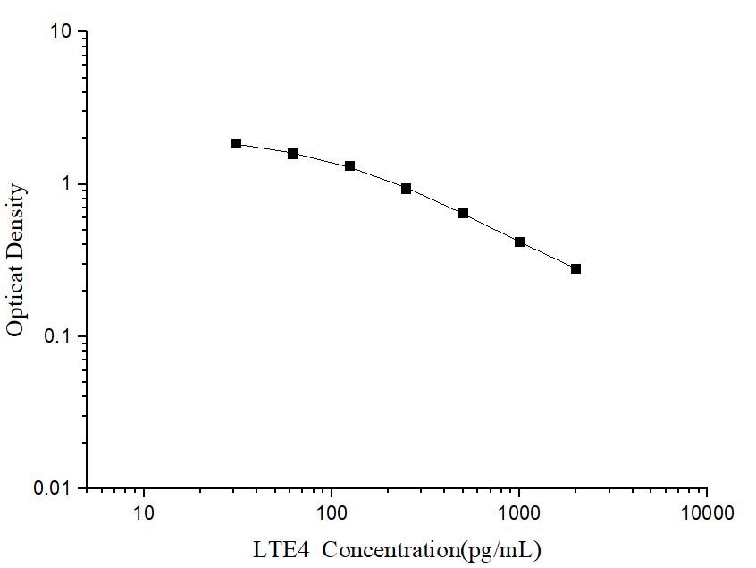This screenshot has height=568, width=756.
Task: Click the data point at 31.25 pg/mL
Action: click(x=237, y=143)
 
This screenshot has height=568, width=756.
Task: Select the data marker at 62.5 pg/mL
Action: click(x=293, y=154)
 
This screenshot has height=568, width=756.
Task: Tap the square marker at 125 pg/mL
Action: click(x=350, y=166)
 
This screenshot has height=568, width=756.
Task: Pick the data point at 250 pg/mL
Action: click(x=407, y=189)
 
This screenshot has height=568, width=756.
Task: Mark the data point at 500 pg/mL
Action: click(x=463, y=213)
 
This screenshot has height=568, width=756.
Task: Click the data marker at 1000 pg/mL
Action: click(x=520, y=242)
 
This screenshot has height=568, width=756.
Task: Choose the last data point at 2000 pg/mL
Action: click(x=576, y=269)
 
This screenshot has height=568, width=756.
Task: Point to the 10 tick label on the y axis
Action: click(x=61, y=32)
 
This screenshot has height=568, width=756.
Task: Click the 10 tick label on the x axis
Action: click(x=144, y=514)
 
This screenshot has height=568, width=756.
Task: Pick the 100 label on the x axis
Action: click(x=332, y=514)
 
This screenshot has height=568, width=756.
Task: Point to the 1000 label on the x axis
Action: click(x=519, y=514)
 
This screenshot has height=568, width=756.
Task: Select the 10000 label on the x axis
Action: click(x=707, y=514)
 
